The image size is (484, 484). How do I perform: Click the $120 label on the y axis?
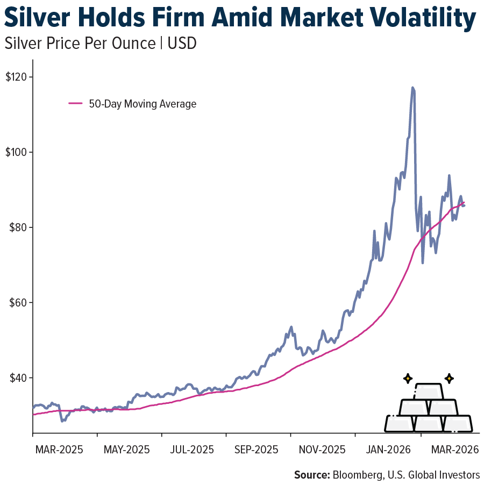click(17, 77)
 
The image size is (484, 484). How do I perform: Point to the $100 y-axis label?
click(17, 152)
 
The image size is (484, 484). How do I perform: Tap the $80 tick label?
click(18, 227)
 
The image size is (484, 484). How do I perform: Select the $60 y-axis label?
click(18, 303)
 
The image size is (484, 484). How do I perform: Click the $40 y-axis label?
click(18, 378)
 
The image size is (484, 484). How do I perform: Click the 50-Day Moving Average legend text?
click(143, 104)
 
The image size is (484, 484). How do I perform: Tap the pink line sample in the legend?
click(75, 104)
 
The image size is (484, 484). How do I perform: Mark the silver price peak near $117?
click(412, 88)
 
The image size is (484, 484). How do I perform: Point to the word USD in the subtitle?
click(182, 44)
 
